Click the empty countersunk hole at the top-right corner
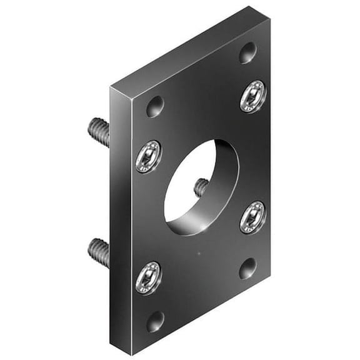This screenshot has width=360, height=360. point(248,52)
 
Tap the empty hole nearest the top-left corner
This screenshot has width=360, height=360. point(155,106)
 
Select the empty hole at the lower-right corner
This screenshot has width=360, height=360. point(248,268)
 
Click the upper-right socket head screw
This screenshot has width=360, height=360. point(253,96)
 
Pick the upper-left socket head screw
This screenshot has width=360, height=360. point(149,156)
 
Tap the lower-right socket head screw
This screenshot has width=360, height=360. point(253,217)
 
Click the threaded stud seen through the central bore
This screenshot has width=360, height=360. point(201,187)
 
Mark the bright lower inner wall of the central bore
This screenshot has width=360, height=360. point(187,222)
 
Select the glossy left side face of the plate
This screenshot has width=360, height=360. point(120,219)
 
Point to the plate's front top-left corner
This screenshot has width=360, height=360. point(131,100)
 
